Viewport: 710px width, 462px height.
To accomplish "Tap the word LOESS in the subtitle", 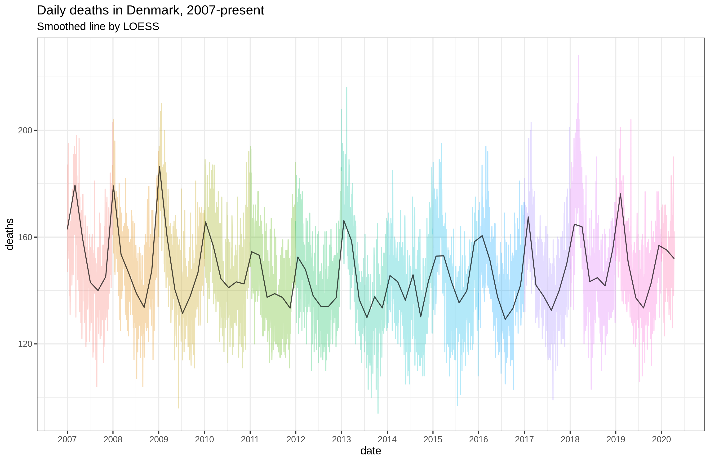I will [x=141, y=27].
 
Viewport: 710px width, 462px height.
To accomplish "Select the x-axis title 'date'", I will [x=371, y=451].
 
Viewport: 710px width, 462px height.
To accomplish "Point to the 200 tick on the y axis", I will [x=25, y=131].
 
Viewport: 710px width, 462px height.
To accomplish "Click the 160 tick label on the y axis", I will [x=25, y=237].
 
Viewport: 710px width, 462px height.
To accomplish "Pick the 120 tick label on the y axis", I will [x=25, y=344].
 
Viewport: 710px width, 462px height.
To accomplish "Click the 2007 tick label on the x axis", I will [x=67, y=439].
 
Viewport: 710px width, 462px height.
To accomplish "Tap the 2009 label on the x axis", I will [x=159, y=439].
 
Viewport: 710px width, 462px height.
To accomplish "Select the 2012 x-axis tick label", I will [x=296, y=439].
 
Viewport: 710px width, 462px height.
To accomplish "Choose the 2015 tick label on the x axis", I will [x=433, y=439].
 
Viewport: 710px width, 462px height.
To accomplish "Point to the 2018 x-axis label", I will [x=570, y=439].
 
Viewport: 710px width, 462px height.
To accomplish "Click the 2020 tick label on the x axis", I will [x=661, y=439].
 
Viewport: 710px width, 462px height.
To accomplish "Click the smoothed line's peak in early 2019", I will [x=621, y=194].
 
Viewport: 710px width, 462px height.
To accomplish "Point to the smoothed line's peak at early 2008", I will [x=113, y=186].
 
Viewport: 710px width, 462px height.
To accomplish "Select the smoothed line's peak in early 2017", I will [x=528, y=217].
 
